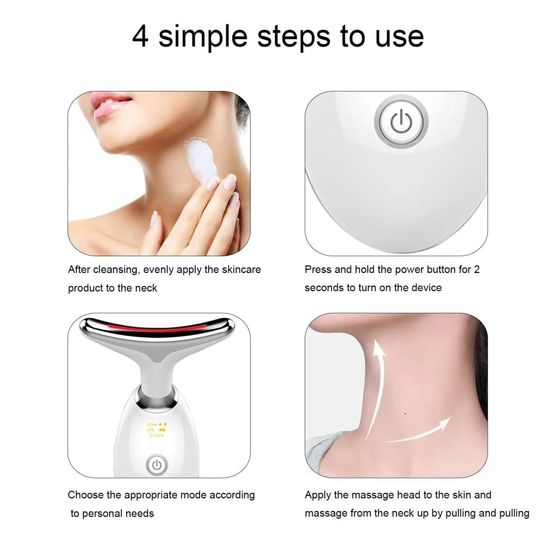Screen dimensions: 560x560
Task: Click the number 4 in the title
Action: (140, 36)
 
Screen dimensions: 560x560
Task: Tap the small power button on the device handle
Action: (156, 465)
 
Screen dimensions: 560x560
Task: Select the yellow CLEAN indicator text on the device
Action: (157, 435)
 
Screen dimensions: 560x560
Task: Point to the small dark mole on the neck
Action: (405, 413)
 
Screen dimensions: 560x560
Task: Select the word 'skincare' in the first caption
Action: (241, 270)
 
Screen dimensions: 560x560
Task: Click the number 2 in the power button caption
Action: (476, 270)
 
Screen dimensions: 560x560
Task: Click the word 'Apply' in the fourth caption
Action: (318, 495)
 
